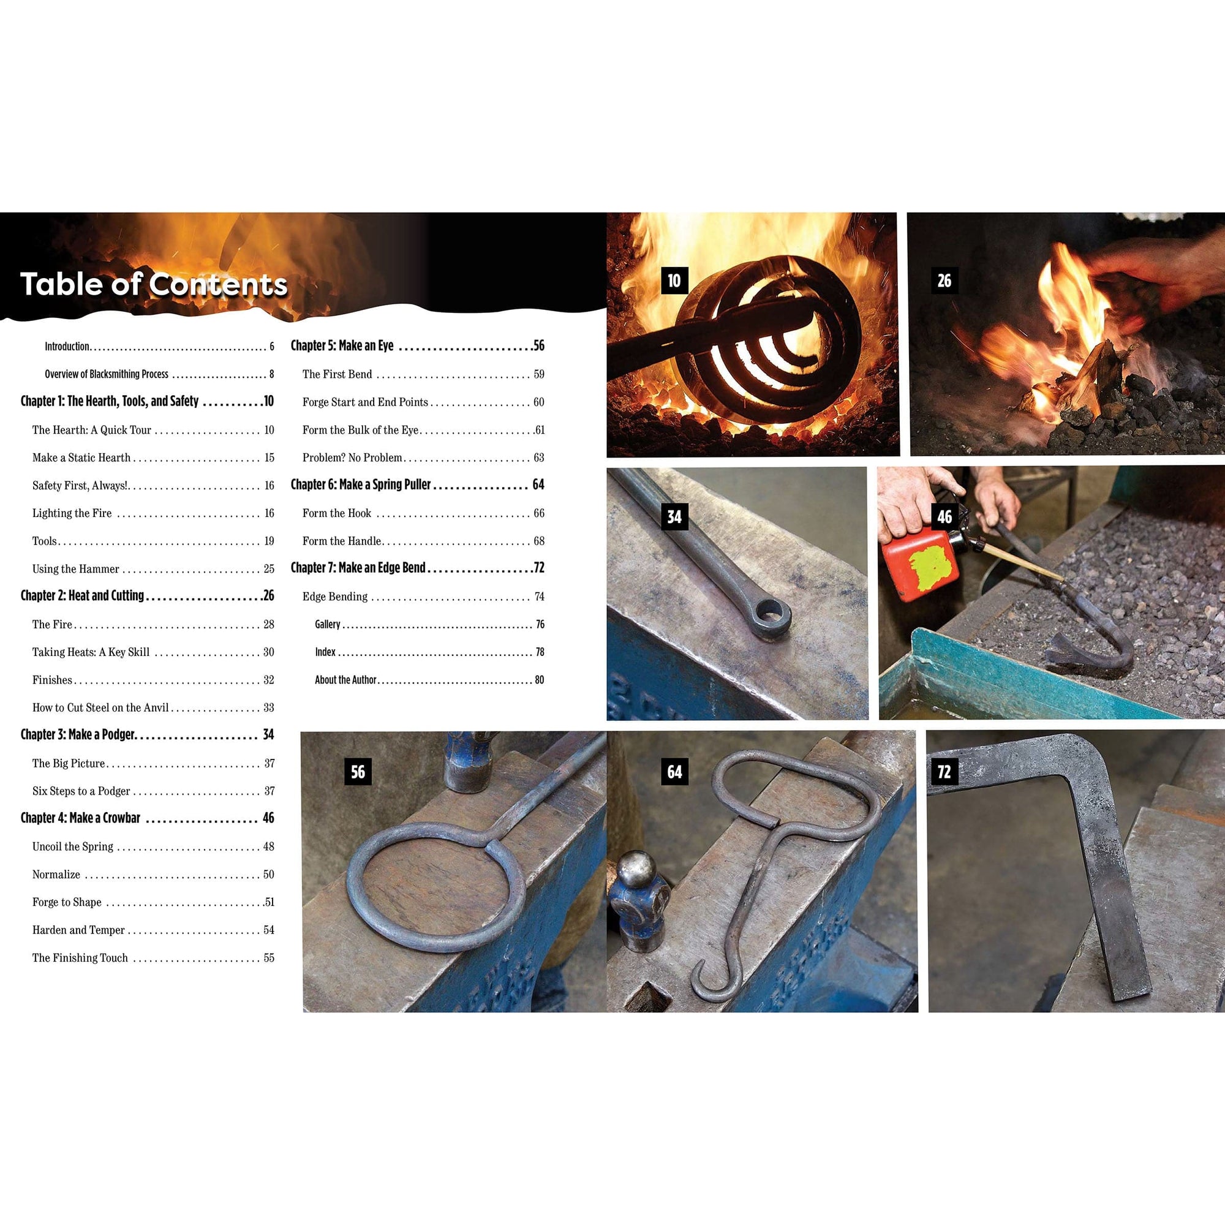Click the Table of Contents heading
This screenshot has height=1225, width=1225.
coord(154,284)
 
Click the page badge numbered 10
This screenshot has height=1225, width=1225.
coord(674,281)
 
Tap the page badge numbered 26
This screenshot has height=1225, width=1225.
coord(944,281)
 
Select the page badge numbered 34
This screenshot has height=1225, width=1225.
coord(674,517)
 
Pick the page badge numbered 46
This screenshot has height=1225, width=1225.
coord(944,517)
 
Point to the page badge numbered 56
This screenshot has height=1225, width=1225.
coord(358,772)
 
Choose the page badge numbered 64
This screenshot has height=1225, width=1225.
coord(674,772)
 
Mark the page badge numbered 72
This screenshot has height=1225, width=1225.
coord(944,772)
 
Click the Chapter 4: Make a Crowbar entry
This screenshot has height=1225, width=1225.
coord(80,818)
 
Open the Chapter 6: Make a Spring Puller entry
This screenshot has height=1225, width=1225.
coord(361,484)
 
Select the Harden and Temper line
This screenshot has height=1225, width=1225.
coord(78,930)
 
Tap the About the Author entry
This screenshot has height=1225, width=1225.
coord(345,680)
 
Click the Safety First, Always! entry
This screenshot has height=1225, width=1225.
coord(80,486)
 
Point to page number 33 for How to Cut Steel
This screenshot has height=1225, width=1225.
coord(269,707)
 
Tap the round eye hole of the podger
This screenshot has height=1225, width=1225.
coord(772,611)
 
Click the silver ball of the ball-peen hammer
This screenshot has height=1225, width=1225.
coord(636,869)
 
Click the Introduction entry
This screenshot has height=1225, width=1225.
coord(67,346)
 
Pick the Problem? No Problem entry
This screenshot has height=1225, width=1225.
coord(353,458)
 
